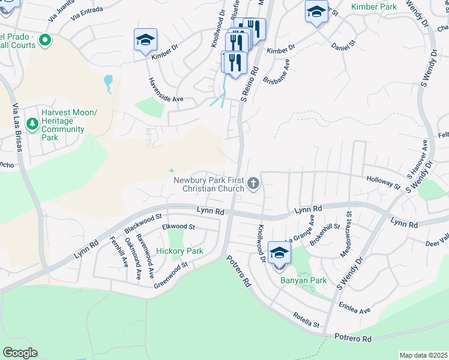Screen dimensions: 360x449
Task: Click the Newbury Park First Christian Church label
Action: point(209,184)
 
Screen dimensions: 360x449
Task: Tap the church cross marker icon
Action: point(253,184)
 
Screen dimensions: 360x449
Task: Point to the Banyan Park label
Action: point(295,280)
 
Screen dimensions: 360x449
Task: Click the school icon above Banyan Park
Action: point(279,254)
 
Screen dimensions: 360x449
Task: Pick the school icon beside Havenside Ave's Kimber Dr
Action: point(145,40)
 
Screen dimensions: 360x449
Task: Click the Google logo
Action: point(19,353)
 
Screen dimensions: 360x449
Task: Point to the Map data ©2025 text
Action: point(423,355)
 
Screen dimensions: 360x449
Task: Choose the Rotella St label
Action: point(306,320)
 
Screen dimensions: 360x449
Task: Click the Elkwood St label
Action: point(179,227)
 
